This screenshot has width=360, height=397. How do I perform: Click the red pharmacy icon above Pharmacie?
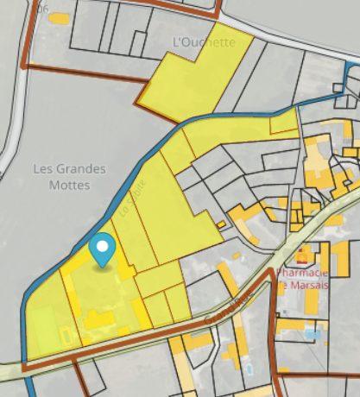(x=301, y=255)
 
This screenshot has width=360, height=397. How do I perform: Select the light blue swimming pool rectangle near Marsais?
(x=312, y=331)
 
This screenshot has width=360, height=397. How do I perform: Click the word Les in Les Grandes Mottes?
(x=42, y=169)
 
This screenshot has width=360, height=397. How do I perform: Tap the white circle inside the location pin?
(x=104, y=246)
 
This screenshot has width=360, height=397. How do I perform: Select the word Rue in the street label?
(x=238, y=303)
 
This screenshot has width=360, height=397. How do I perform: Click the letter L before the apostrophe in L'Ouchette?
(x=177, y=41)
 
